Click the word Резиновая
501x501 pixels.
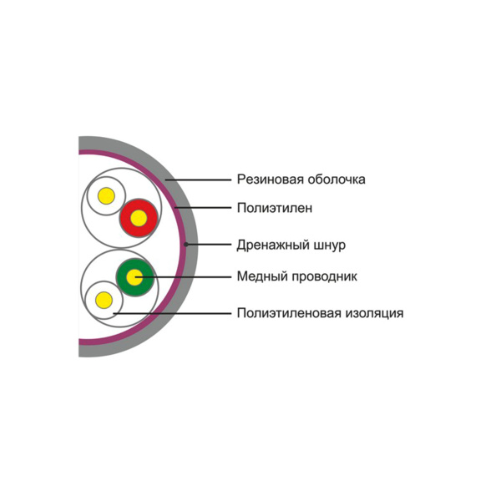(x=271, y=180)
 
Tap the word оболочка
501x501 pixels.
(x=337, y=180)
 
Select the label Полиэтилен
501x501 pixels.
(x=275, y=208)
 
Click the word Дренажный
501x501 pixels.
(x=273, y=245)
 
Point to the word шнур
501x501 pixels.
(x=330, y=245)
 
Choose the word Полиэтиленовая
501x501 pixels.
(x=289, y=313)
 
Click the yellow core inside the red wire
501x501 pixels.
(x=139, y=219)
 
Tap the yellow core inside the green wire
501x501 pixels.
(x=134, y=277)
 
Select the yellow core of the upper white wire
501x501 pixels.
(x=106, y=196)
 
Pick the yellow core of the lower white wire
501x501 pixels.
(x=104, y=300)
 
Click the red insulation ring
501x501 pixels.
(x=139, y=219)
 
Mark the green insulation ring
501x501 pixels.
(x=134, y=277)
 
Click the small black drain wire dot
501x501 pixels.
(x=185, y=245)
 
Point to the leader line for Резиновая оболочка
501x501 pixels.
(x=198, y=180)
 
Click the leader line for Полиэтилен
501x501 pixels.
(x=203, y=208)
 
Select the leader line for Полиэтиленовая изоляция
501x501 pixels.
(x=172, y=313)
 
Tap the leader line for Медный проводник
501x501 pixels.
(x=183, y=276)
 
